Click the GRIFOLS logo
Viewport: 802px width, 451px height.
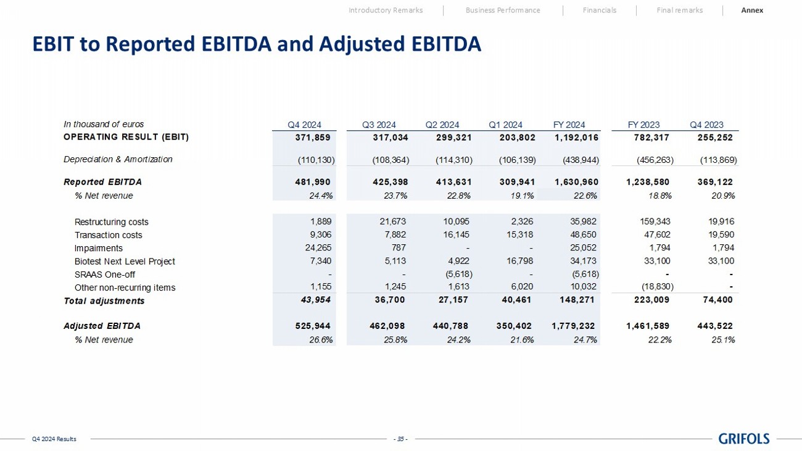pos(744,439)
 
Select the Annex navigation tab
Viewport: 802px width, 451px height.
pos(752,10)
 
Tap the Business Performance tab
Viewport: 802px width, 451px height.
pos(502,10)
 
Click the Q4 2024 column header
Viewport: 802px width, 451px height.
pos(304,125)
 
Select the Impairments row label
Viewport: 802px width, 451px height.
pos(98,249)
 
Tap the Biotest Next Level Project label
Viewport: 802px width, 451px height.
pos(125,262)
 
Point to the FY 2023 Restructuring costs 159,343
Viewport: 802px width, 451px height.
pos(657,222)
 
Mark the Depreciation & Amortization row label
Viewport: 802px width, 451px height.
pos(118,159)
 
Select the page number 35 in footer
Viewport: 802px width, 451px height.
pos(401,439)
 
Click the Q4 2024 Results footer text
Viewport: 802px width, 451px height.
pos(54,439)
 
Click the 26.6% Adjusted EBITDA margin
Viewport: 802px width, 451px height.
pos(321,339)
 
